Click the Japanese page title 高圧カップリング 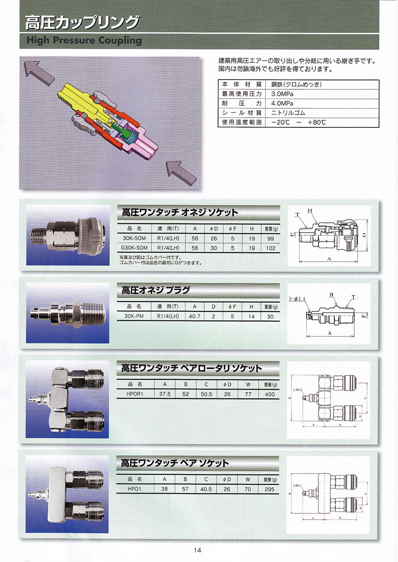tap(82, 22)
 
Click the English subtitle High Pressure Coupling tap(84, 41)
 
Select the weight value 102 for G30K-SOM tap(271, 248)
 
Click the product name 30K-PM tap(133, 316)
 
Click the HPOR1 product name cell tap(133, 394)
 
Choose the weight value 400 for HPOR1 tap(269, 394)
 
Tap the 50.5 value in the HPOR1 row tap(206, 394)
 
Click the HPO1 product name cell tap(133, 489)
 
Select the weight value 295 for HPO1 tap(269, 489)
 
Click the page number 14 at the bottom tap(198, 550)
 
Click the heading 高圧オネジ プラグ tap(156, 290)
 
